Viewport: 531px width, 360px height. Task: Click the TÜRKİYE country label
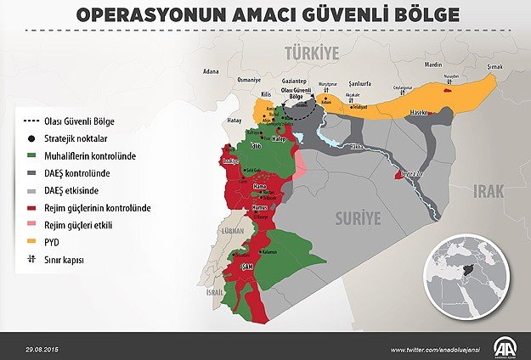[311, 53]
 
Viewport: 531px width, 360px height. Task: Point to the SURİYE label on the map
[356, 217]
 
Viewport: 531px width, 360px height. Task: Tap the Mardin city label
[433, 65]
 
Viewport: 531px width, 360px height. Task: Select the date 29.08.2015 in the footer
[42, 349]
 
